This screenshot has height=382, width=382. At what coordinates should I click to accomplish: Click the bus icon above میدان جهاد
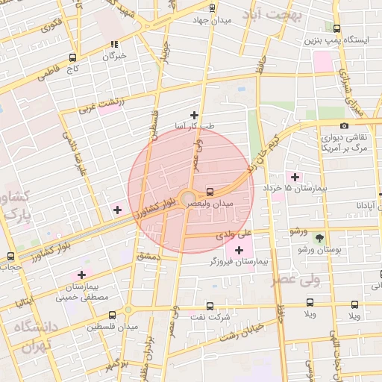[213, 9]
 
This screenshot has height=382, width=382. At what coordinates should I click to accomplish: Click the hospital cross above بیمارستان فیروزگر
[239, 250]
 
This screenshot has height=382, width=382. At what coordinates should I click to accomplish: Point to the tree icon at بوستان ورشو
[320, 239]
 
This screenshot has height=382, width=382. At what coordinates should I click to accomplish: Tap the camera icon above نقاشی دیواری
[343, 125]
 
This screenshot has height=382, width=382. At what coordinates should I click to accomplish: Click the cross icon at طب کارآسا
[195, 115]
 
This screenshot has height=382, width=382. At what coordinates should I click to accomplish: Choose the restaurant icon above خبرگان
[115, 44]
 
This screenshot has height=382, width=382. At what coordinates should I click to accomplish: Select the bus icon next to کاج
[72, 57]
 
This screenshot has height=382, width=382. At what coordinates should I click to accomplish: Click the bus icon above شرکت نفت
[209, 305]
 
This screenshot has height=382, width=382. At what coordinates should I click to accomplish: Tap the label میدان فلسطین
[113, 327]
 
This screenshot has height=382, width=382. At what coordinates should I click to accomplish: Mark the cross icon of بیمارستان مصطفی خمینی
[82, 275]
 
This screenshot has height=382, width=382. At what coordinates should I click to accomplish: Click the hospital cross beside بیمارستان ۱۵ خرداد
[295, 178]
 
